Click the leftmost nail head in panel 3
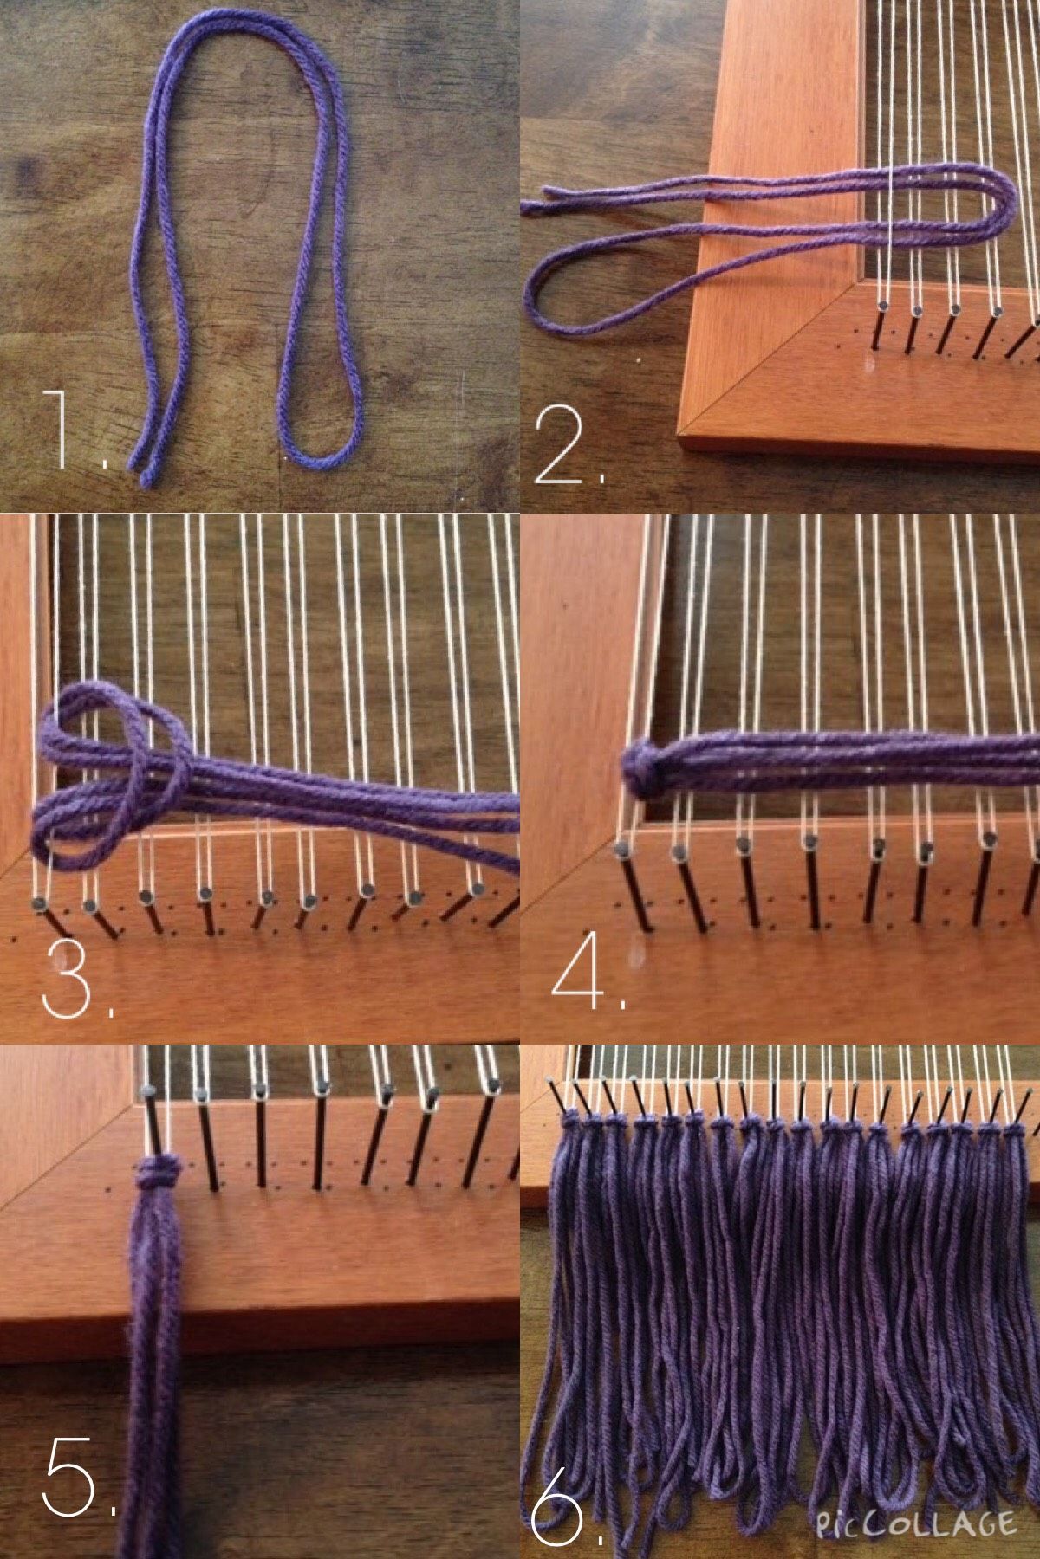coord(39,904)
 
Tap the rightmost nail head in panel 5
coord(493,1084)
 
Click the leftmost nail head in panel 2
coord(881,305)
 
